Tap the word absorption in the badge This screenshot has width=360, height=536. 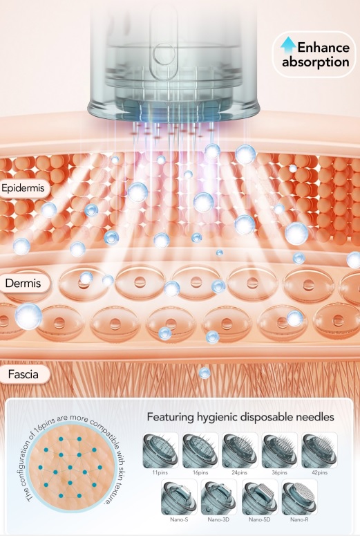pyautogui.click(x=315, y=62)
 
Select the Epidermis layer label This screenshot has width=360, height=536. pyautogui.click(x=23, y=188)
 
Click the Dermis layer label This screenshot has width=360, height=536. pyautogui.click(x=23, y=283)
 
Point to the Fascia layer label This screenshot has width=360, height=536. pyautogui.click(x=23, y=374)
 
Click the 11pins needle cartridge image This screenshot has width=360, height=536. pyautogui.click(x=160, y=450)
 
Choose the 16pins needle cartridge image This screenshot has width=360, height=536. pyautogui.click(x=200, y=450)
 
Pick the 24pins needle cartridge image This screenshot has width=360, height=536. pyautogui.click(x=240, y=450)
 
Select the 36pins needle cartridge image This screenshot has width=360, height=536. pyautogui.click(x=279, y=450)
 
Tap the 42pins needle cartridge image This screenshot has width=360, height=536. pyautogui.click(x=319, y=450)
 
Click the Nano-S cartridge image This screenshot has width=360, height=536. pyautogui.click(x=179, y=497)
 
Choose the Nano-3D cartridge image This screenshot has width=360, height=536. pyautogui.click(x=218, y=497)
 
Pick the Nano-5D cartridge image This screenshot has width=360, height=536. pyautogui.click(x=260, y=497)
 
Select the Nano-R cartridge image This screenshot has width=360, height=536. pyautogui.click(x=300, y=497)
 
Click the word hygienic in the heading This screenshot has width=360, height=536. pyautogui.click(x=218, y=417)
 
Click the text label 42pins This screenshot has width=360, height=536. pyautogui.click(x=319, y=472)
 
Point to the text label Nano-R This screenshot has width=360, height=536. pyautogui.click(x=299, y=519)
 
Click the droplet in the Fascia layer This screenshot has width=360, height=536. pyautogui.click(x=205, y=373)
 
